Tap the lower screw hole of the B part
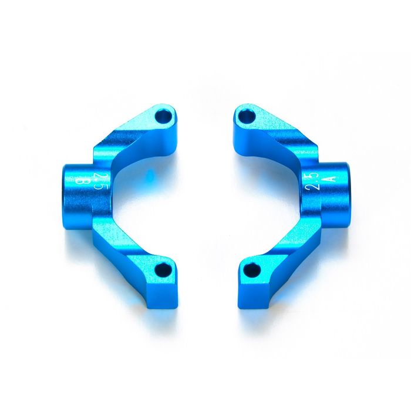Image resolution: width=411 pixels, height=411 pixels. [161, 269]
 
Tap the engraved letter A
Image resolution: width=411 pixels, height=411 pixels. [332, 179]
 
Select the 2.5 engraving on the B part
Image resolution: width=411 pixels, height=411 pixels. [100, 181]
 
